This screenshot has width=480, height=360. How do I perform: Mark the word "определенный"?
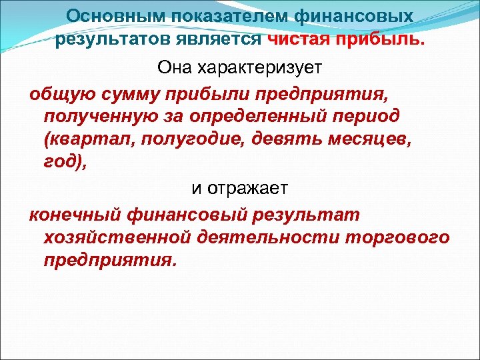click(x=267, y=117)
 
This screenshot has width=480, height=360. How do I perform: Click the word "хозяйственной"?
click(x=117, y=239)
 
